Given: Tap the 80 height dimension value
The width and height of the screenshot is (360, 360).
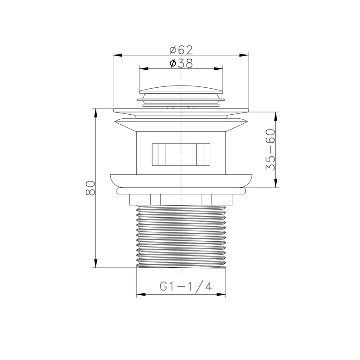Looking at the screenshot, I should (x=90, y=188).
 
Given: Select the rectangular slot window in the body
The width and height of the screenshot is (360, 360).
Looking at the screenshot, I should (x=181, y=154).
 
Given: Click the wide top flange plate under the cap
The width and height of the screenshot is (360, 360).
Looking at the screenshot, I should (x=181, y=110).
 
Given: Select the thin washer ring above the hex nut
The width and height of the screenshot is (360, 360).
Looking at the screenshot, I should (x=181, y=191).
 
